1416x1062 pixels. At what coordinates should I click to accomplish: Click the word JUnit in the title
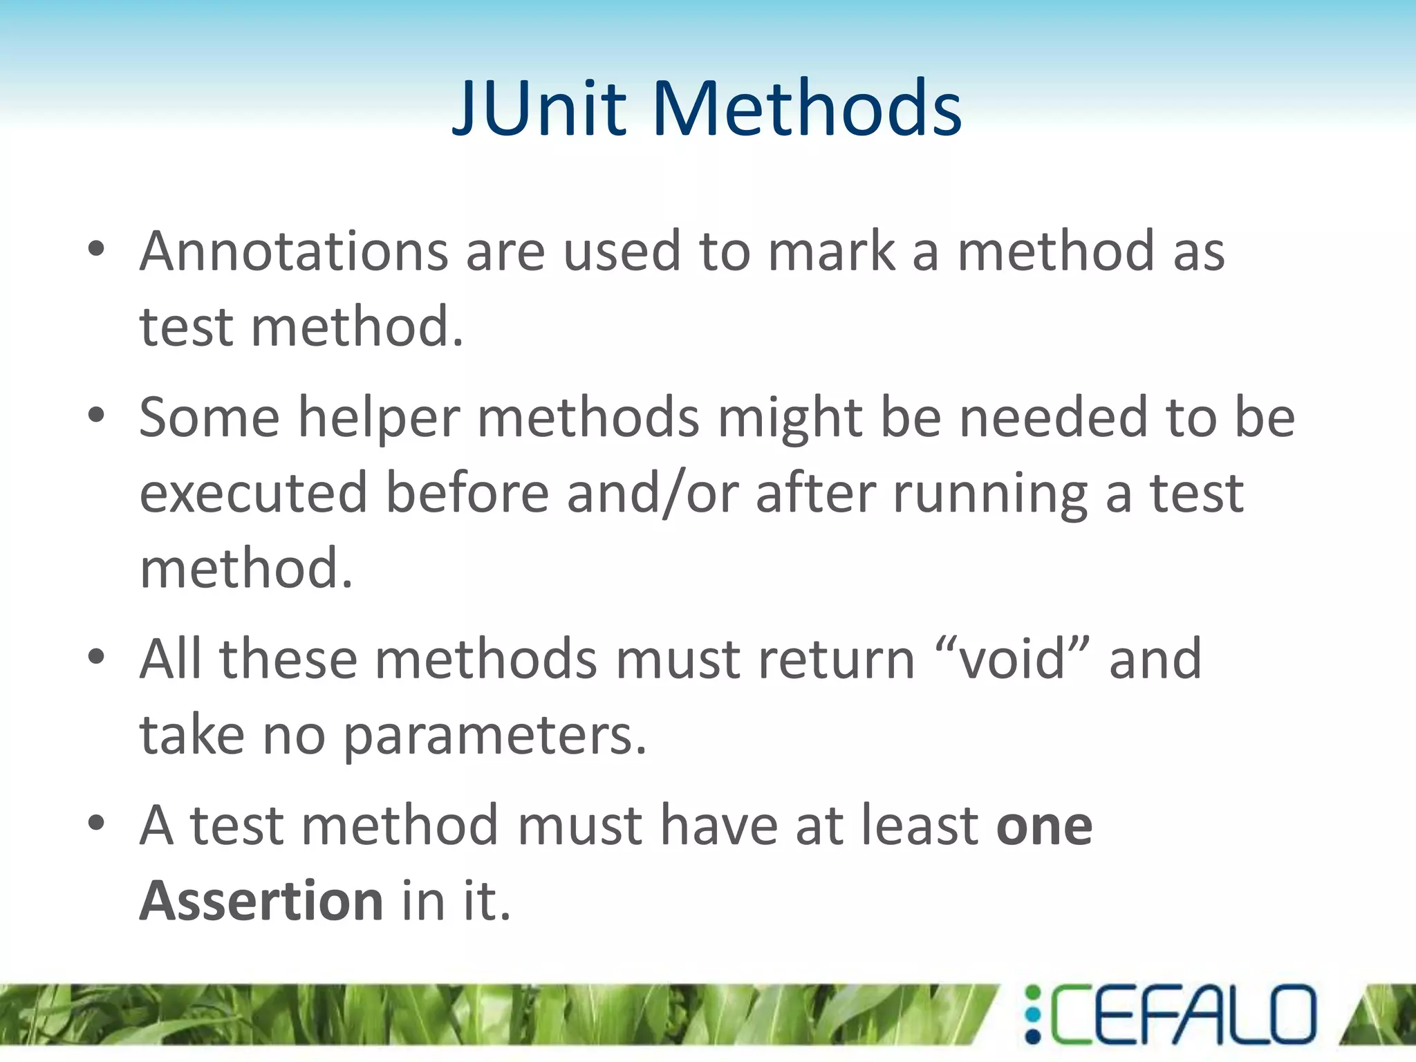point(539,108)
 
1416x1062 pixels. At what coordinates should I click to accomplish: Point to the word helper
point(379,419)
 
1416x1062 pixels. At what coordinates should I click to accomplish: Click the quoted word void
point(1013,659)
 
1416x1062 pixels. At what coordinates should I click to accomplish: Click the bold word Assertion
point(261,901)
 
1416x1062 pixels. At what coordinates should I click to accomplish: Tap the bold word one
point(1044,827)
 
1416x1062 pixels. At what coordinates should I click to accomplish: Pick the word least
point(919,826)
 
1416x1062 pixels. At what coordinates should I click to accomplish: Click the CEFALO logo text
point(1182,1014)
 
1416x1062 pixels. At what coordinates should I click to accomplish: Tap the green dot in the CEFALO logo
point(1032,994)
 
